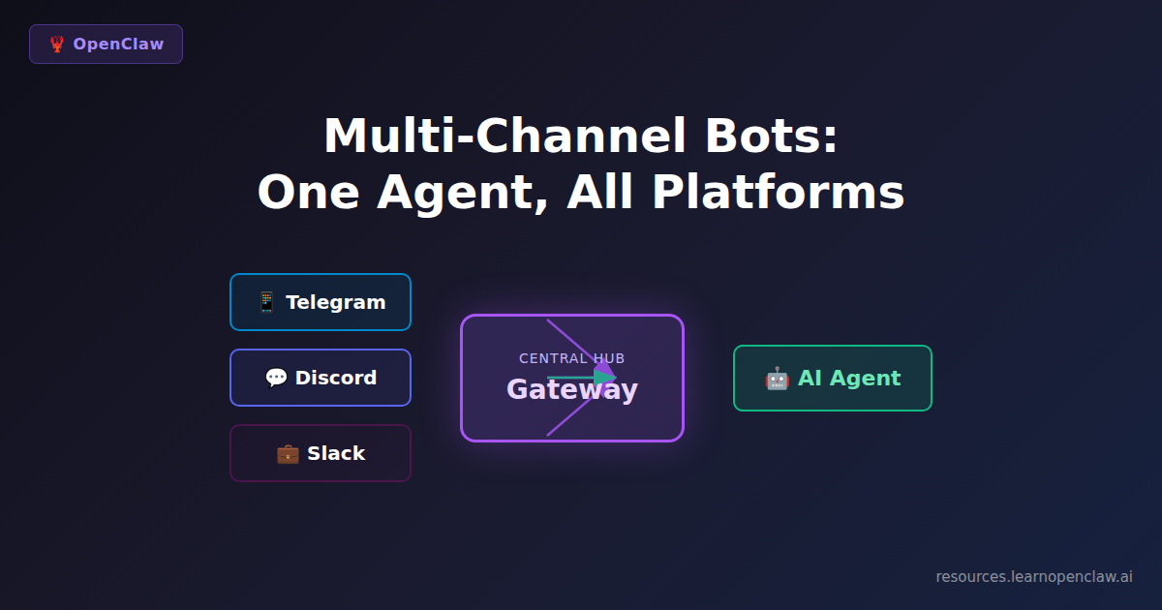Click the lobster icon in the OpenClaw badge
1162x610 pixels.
point(57,45)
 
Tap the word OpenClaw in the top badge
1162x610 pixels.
point(118,45)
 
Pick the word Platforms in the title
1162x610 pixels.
point(778,192)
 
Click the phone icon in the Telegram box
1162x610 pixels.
point(266,302)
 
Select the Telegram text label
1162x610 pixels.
point(335,302)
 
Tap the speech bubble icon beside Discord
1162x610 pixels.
point(276,378)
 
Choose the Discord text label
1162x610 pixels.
point(335,378)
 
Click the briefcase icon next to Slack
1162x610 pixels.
point(288,453)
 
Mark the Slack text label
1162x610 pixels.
point(336,453)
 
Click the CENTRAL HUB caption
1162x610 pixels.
point(571,358)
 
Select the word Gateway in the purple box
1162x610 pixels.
point(571,389)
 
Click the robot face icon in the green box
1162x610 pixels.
point(777,379)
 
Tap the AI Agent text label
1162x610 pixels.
point(848,379)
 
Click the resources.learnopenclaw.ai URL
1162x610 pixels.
point(1033,576)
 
